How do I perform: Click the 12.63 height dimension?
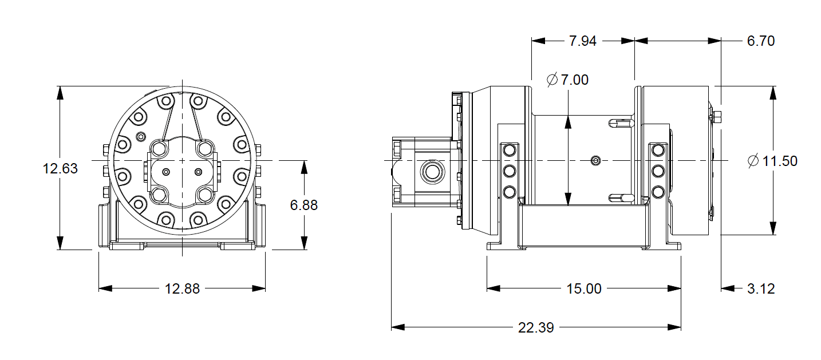pyautogui.click(x=60, y=169)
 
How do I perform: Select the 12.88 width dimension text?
pyautogui.click(x=182, y=289)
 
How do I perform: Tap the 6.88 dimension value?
pyautogui.click(x=303, y=205)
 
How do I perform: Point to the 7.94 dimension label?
pyautogui.click(x=582, y=41)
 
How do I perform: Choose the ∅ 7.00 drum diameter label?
pyautogui.click(x=567, y=80)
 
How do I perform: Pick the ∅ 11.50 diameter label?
pyautogui.click(x=772, y=161)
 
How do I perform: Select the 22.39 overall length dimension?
pyautogui.click(x=536, y=328)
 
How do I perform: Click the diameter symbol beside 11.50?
pyautogui.click(x=753, y=161)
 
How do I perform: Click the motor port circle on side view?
pyautogui.click(x=430, y=171)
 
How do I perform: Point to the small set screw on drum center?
pyautogui.click(x=597, y=161)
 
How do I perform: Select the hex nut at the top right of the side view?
pyautogui.click(x=718, y=118)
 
